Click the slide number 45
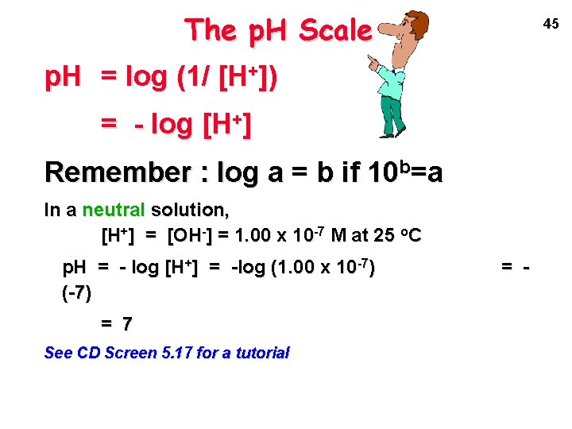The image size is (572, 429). [x=551, y=24]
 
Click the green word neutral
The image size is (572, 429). [x=111, y=211]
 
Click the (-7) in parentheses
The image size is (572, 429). [x=76, y=293]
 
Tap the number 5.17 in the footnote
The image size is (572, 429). [x=175, y=353]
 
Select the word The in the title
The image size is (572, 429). [x=211, y=31]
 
